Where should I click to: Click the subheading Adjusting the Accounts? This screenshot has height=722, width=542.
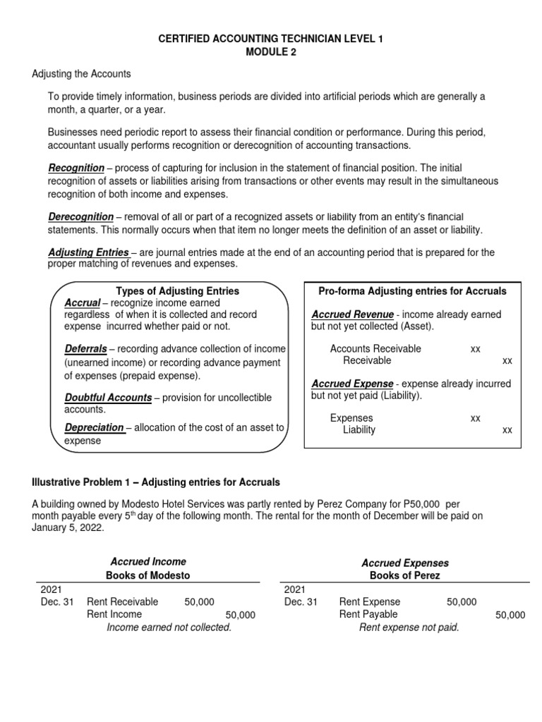(81, 74)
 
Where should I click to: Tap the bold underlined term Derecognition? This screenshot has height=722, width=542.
(80, 216)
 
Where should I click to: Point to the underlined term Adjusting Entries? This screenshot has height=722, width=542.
(88, 252)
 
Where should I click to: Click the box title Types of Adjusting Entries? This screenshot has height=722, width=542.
(177, 290)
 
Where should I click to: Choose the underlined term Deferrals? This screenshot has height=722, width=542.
(85, 349)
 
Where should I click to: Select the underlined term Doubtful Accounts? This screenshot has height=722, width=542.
(108, 397)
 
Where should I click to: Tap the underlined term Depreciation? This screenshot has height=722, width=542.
(95, 427)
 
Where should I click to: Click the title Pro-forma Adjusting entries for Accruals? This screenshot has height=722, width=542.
(413, 290)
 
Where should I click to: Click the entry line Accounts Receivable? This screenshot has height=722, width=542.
(375, 348)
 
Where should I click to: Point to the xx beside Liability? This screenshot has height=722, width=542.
(507, 430)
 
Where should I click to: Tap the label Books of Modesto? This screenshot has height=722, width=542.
(148, 575)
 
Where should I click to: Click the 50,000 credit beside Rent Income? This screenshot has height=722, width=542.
(240, 615)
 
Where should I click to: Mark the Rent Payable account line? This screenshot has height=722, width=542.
(368, 614)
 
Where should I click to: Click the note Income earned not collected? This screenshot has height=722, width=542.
(169, 627)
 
